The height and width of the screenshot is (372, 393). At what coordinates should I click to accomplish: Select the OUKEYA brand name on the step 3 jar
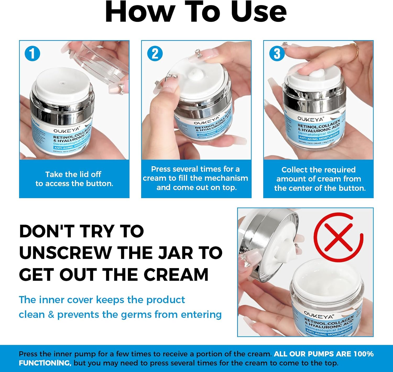(x=310, y=119)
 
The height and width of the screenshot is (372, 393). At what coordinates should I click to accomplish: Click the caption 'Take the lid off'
(x=73, y=174)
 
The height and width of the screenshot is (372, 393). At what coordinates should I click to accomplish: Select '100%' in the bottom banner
(x=363, y=354)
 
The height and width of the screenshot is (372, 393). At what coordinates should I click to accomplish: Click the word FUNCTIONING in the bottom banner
(x=45, y=363)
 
